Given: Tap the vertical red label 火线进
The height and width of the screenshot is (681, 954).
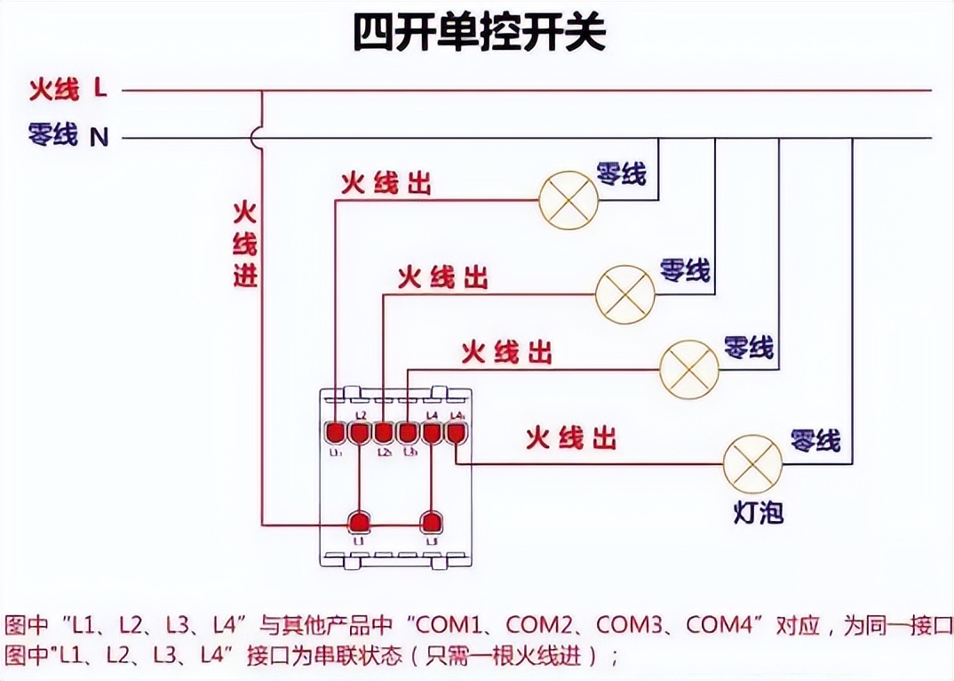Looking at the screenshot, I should click(x=245, y=244).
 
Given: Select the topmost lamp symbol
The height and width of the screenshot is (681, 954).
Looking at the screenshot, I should click(x=568, y=200).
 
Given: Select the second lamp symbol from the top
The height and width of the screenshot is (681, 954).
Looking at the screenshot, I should click(x=624, y=292).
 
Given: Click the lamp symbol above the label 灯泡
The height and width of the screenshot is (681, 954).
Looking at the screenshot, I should click(x=752, y=464).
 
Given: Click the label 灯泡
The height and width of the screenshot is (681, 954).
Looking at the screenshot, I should click(x=759, y=513).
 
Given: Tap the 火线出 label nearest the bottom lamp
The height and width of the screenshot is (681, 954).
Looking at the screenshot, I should click(x=570, y=438).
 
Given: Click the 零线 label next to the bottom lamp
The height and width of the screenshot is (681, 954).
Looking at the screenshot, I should click(x=815, y=439).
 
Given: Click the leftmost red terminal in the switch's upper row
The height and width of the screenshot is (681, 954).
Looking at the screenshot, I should click(x=336, y=432).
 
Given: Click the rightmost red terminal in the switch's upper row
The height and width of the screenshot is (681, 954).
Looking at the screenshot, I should click(x=456, y=432).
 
